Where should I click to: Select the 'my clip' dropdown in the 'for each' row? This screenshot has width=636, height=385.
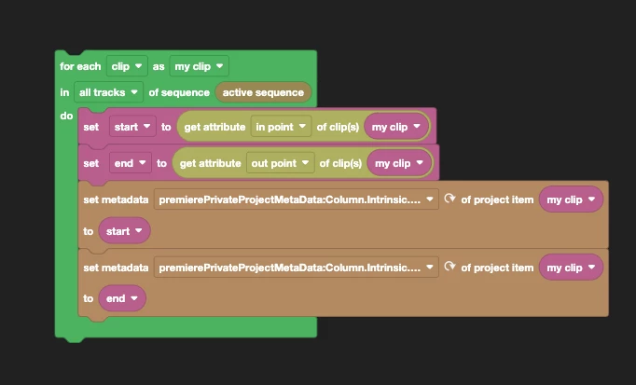200,66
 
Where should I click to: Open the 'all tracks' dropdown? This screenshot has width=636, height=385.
110,92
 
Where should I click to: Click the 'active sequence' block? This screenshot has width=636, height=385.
263,92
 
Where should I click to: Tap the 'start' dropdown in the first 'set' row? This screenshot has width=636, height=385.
131,126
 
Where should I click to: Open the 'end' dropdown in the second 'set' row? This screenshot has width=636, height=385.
130,163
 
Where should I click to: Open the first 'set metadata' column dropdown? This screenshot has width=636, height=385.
296,199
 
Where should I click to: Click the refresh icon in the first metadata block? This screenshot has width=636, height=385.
449,199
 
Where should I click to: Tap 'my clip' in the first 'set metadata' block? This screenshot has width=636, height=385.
571,199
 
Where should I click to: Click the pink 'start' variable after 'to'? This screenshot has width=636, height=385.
123,230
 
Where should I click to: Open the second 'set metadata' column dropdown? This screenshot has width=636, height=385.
296,268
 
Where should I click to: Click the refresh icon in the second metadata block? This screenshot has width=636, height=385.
449,268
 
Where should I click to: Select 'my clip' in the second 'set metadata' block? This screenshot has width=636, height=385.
571,268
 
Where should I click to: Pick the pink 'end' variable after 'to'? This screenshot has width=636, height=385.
121,298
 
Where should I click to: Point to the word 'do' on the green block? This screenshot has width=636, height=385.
65,117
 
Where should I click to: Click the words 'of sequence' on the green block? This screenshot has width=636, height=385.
179,92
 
